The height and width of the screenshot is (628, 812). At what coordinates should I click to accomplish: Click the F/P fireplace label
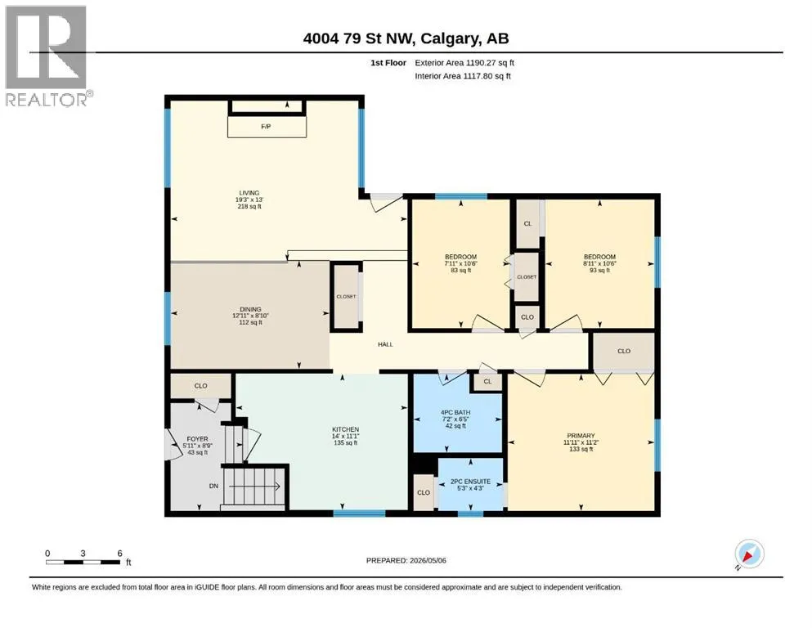tap(266, 126)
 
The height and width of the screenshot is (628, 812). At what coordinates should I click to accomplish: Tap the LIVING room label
tap(249, 193)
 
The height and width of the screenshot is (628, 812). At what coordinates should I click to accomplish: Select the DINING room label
tap(250, 309)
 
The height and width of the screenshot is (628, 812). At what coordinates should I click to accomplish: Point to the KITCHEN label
tap(345, 429)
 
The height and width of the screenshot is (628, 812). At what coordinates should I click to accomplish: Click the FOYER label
tap(197, 438)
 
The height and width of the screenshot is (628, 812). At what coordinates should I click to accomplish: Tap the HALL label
tap(385, 344)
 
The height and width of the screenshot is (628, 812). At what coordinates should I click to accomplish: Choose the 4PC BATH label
tap(455, 413)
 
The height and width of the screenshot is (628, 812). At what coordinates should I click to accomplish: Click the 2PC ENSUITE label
tap(470, 481)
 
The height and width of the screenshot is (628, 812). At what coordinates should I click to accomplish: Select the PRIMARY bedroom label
tap(581, 436)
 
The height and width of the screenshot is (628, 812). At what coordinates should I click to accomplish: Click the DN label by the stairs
tap(214, 486)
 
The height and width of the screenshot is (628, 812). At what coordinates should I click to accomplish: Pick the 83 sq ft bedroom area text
tap(461, 270)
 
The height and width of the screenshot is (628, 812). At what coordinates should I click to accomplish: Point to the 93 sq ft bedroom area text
tap(599, 270)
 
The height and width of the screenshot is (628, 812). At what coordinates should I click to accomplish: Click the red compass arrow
tap(747, 557)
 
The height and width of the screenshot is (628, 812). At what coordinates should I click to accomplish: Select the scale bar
tap(83, 562)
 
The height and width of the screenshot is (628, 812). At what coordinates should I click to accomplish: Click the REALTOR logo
tap(47, 56)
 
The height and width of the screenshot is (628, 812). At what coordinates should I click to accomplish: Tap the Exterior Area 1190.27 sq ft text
tap(464, 63)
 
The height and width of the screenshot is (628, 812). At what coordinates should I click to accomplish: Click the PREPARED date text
tap(406, 560)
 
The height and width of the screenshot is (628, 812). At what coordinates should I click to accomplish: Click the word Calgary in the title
tap(449, 38)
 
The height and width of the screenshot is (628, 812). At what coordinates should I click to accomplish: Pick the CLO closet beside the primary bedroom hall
tap(624, 351)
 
